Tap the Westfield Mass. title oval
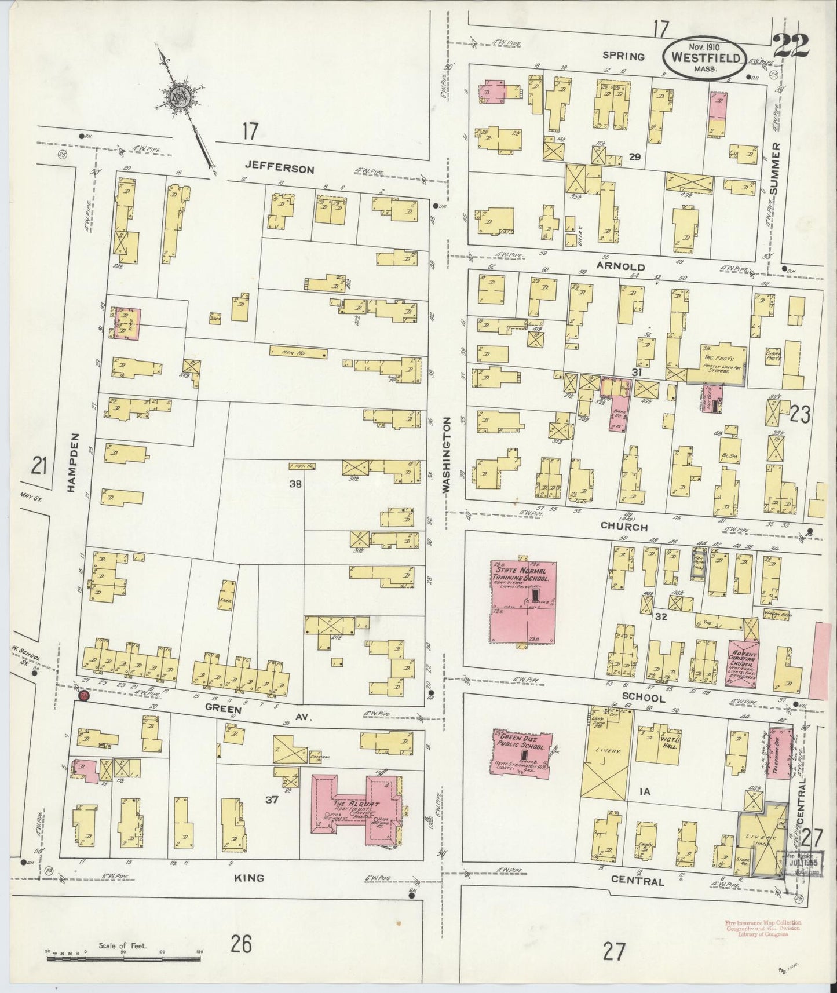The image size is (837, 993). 704,58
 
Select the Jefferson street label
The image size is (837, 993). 279,169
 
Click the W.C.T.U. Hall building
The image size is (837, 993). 661,743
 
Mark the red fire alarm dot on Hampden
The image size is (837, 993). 84,695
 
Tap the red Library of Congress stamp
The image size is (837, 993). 762,927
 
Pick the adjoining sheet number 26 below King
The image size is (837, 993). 241,945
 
